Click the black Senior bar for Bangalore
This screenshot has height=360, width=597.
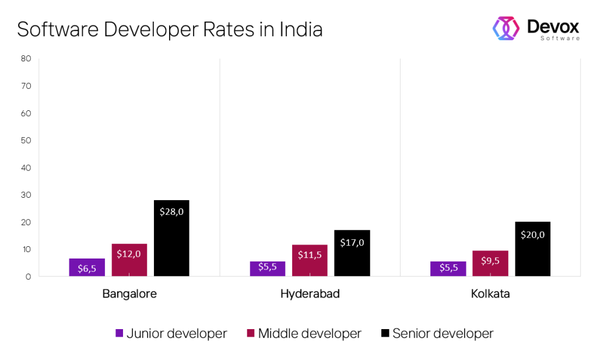pos(171,238)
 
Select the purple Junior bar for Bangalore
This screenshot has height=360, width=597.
pos(87,267)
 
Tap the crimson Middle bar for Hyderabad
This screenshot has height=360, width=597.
pos(310,260)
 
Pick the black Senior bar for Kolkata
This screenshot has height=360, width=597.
pos(532,249)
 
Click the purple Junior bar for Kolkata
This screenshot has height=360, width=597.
pos(448,268)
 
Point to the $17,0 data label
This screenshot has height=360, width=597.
pos(352,242)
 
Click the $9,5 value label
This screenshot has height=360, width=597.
pos(490,260)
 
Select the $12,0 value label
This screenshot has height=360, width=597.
pos(129,254)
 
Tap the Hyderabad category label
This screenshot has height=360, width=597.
pos(310,294)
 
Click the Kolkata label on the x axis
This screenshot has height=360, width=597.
pos(490,294)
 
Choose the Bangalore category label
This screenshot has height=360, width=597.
pos(129,294)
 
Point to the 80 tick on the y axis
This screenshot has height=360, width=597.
pos(25,58)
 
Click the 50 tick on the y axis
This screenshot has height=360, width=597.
pos(25,140)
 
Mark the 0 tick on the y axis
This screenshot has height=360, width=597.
pos(27,277)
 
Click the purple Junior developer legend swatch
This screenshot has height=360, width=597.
pos(119,334)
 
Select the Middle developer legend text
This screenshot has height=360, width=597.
pos(310,334)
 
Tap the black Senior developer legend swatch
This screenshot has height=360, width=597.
pos(385,334)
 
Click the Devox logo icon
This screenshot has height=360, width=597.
pos(506,28)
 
